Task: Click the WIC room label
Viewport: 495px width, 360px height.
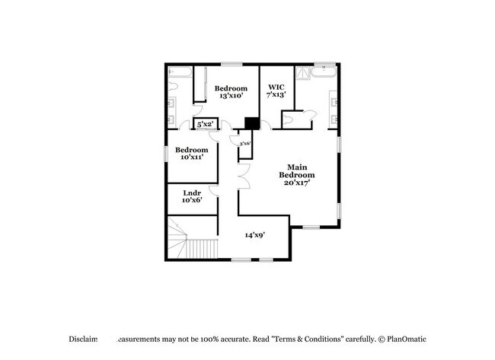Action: tap(275, 88)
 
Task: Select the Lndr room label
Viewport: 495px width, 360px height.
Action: tap(191, 193)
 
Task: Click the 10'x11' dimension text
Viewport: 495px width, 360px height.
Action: tap(190, 158)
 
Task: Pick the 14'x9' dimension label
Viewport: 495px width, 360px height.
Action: tap(254, 235)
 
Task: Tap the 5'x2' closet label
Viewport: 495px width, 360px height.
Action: tap(205, 123)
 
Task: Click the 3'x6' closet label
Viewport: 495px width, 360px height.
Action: tap(245, 143)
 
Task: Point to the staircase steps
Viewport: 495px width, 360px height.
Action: tap(203, 248)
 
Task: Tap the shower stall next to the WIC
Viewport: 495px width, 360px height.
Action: tap(303, 72)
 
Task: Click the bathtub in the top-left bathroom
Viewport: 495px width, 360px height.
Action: tap(180, 73)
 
